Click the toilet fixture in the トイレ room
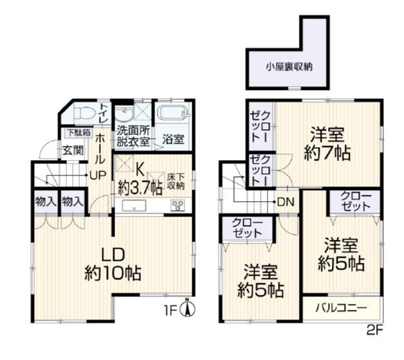coord(84,113)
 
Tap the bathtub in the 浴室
coord(173,113)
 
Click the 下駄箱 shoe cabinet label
coord(79,132)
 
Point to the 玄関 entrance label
coord(73,150)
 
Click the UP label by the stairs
coord(98,175)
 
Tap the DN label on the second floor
coord(286,202)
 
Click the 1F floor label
coord(170,311)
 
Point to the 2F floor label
coord(375,330)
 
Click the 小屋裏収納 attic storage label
coord(289,67)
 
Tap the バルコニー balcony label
coord(342,308)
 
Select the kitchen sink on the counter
coord(134,206)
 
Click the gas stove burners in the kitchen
coord(178,205)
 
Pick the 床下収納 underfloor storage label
coord(176,181)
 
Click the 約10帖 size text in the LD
coord(113,273)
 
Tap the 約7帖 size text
coord(327,153)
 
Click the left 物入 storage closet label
coord(46,201)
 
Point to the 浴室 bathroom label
coord(173,139)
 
